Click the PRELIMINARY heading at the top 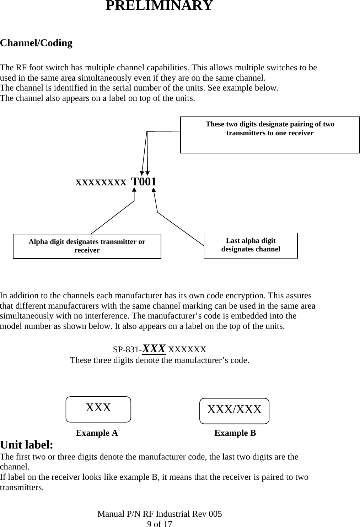[x=159, y=5]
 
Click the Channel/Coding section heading [x=36, y=43]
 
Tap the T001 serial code [x=144, y=181]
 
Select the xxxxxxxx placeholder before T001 [x=101, y=182]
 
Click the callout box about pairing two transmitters [x=270, y=135]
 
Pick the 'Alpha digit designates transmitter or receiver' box [x=87, y=246]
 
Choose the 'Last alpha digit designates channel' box [x=251, y=246]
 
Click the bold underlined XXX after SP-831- [x=154, y=349]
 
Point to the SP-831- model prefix [x=127, y=349]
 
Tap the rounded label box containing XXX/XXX [x=234, y=411]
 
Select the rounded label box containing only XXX [x=98, y=409]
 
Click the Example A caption [x=97, y=433]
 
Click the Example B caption [x=235, y=433]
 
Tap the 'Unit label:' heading [x=27, y=445]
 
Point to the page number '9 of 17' [x=160, y=524]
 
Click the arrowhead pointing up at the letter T [x=134, y=190]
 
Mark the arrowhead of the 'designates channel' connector [x=154, y=190]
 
